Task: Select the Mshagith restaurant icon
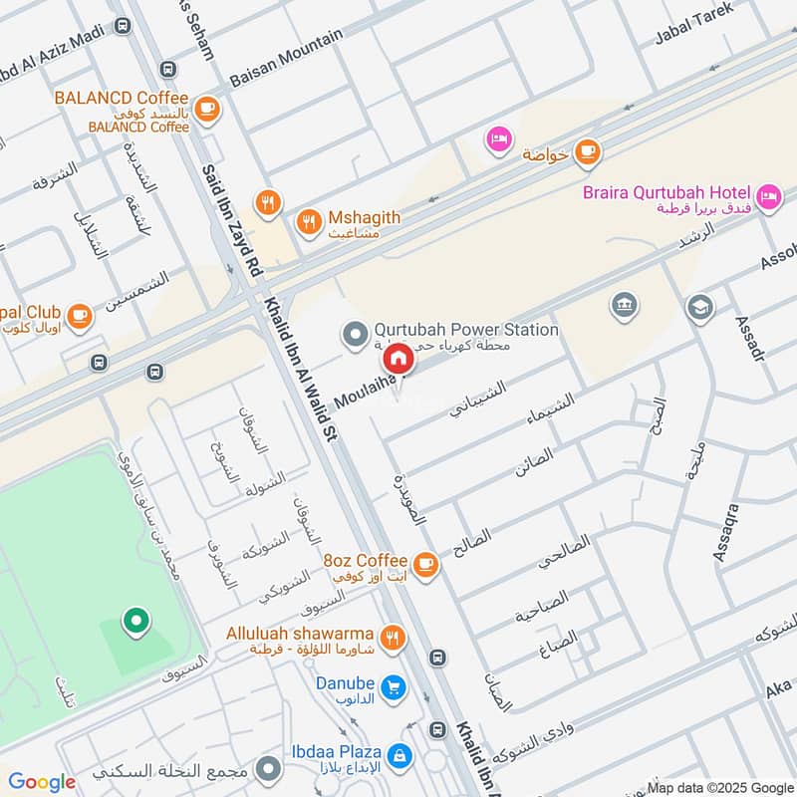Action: [310, 221]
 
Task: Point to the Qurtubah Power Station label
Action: [465, 330]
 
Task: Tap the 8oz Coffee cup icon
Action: [425, 565]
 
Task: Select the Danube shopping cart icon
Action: [394, 688]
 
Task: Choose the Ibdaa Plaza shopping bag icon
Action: [399, 755]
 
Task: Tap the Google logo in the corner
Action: [42, 782]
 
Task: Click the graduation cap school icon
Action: [700, 307]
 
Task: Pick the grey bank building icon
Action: [624, 304]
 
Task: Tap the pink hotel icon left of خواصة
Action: [498, 139]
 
